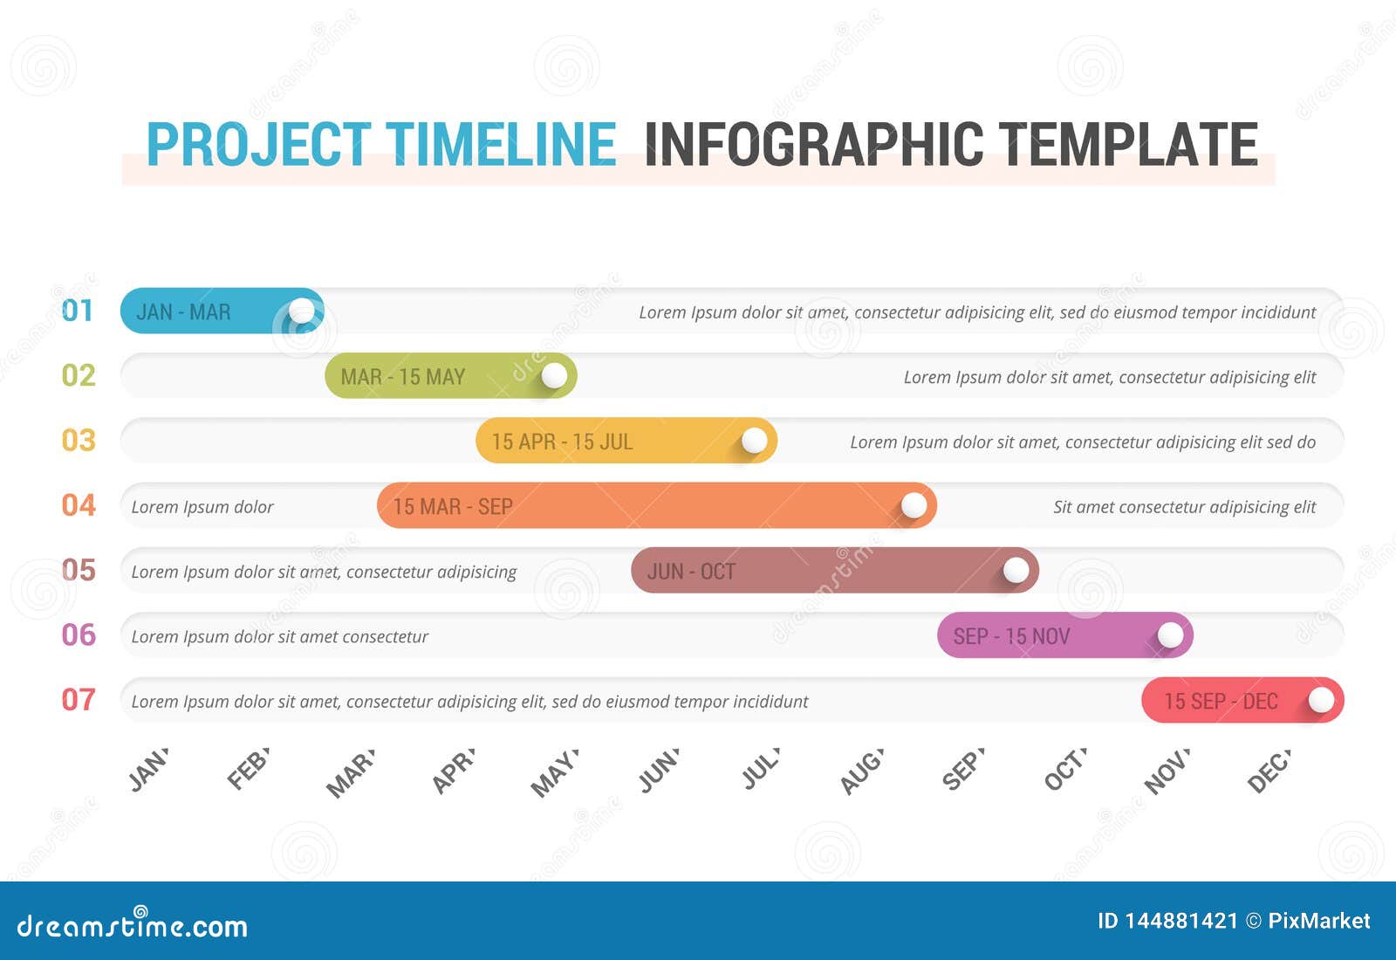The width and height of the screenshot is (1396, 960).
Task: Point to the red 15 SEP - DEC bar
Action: (1221, 700)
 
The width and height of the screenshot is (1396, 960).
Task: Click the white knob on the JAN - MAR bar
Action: (302, 311)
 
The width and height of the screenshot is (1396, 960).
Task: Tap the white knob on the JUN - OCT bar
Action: (1016, 571)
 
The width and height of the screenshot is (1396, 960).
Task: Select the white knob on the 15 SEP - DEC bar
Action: (1321, 700)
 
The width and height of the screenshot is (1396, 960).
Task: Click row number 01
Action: (78, 311)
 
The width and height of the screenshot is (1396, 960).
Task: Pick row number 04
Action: (79, 505)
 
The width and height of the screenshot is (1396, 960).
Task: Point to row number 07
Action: (79, 700)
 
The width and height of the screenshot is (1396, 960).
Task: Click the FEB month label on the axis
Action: (248, 769)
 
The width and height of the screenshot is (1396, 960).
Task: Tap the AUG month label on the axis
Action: (862, 771)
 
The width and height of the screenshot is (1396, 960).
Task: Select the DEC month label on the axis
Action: (1269, 771)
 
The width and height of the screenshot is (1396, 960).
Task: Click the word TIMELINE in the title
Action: (501, 144)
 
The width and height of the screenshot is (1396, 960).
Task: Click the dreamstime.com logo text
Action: (133, 925)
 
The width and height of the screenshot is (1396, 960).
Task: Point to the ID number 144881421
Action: (1180, 921)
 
